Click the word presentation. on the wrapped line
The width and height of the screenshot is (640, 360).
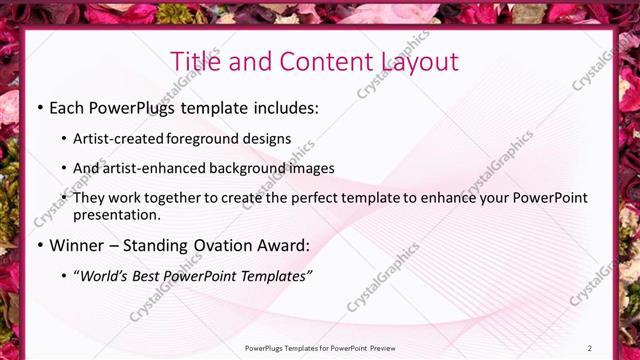116,215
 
